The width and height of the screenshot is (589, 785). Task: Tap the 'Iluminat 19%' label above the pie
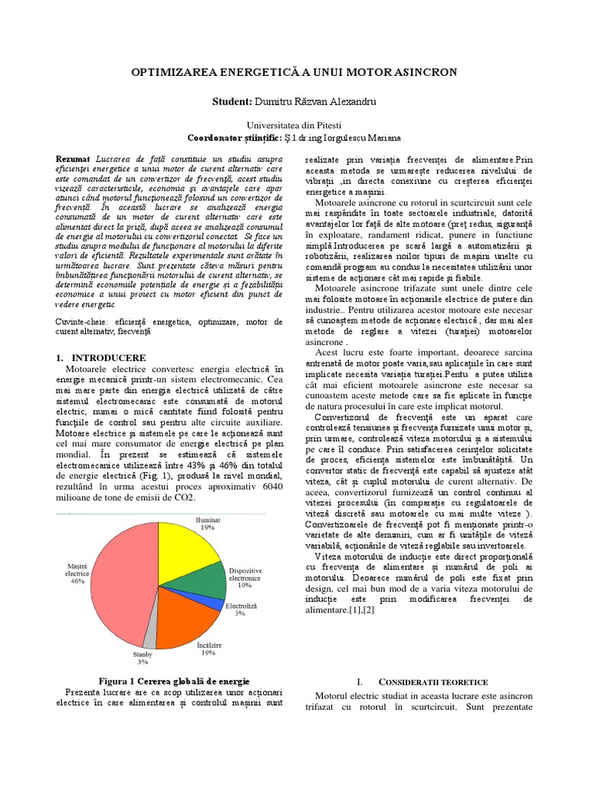pyautogui.click(x=207, y=524)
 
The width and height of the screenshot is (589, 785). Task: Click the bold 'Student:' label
pyautogui.click(x=232, y=101)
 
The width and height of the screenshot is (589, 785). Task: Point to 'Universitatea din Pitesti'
pyautogui.click(x=294, y=124)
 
